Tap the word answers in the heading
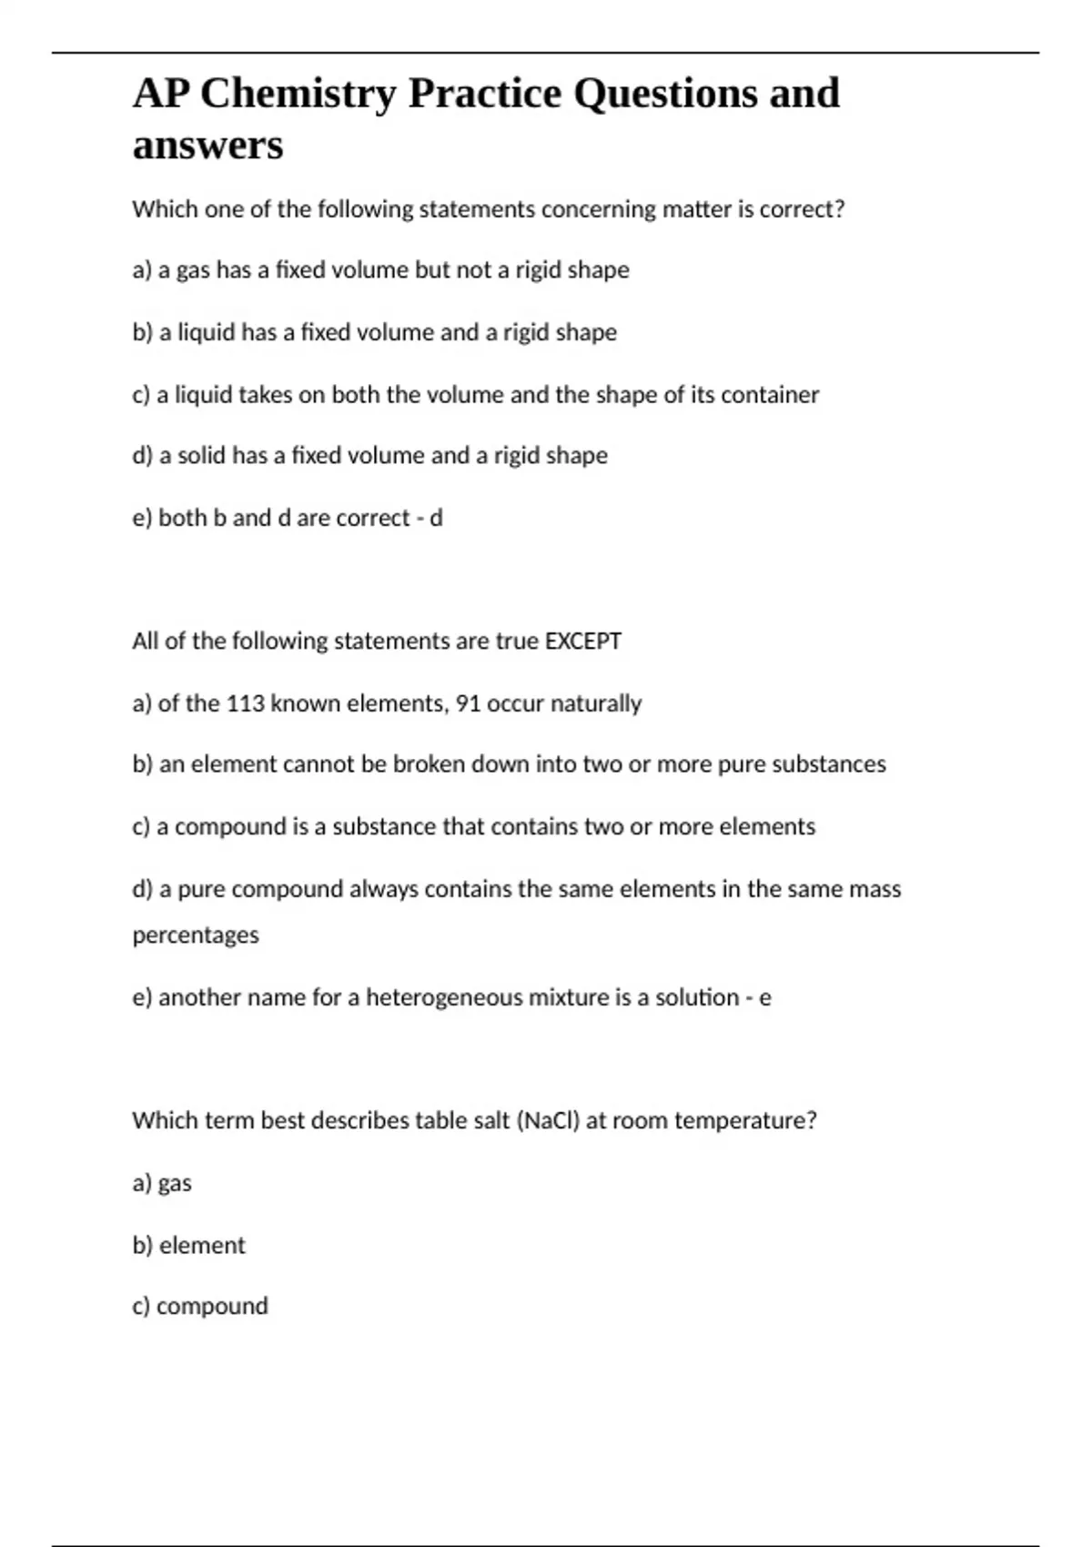coord(207,146)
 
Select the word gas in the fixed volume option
coord(193,271)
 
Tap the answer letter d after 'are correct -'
coord(436,518)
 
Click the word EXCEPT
coord(582,642)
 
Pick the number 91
coord(468,703)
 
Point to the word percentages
coord(196,935)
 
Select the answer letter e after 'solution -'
coord(764,998)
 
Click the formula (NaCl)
coord(548,1120)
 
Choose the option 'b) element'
coord(188,1245)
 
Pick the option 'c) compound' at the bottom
coord(200,1306)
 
